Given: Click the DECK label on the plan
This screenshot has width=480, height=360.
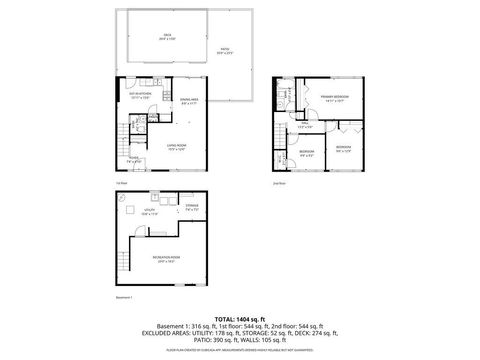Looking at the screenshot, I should [x=166, y=35].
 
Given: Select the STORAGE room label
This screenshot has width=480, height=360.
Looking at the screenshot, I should [x=191, y=208].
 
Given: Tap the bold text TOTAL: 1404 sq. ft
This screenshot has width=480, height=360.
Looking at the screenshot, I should [x=239, y=317].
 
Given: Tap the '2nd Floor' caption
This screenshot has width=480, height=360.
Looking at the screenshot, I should [x=278, y=184].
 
